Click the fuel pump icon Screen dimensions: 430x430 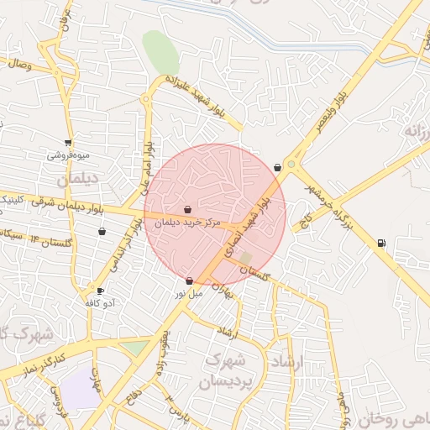(382, 244)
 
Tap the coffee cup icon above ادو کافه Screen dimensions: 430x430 (101, 291)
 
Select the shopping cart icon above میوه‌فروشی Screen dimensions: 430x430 (68, 143)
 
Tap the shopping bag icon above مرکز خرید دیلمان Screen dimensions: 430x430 (187, 209)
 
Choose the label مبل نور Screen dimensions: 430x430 (188, 294)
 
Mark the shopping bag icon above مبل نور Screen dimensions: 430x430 (189, 281)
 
